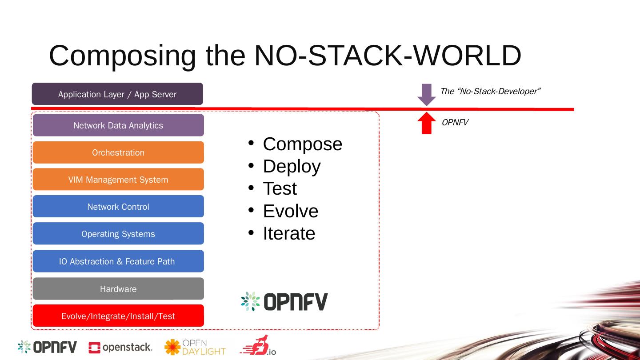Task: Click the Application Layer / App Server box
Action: pyautogui.click(x=117, y=94)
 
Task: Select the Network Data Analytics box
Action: pyautogui.click(x=118, y=125)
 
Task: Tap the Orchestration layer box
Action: pyautogui.click(x=118, y=152)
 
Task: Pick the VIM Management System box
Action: pyautogui.click(x=118, y=180)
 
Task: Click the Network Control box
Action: pyautogui.click(x=118, y=207)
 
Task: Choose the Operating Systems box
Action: pyautogui.click(x=118, y=234)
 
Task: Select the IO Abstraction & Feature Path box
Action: pyautogui.click(x=118, y=261)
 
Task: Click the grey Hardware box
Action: pyautogui.click(x=118, y=289)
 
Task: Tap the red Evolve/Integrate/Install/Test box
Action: pyautogui.click(x=118, y=316)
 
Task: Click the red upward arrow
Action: pyautogui.click(x=427, y=123)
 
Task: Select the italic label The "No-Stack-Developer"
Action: pyautogui.click(x=490, y=92)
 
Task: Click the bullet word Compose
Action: pyautogui.click(x=302, y=144)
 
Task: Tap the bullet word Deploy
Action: pyautogui.click(x=292, y=166)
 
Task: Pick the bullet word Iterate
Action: pyautogui.click(x=289, y=233)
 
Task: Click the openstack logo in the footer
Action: pyautogui.click(x=120, y=348)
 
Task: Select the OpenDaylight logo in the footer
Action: pyautogui.click(x=195, y=347)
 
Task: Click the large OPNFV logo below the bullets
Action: pyautogui.click(x=284, y=301)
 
